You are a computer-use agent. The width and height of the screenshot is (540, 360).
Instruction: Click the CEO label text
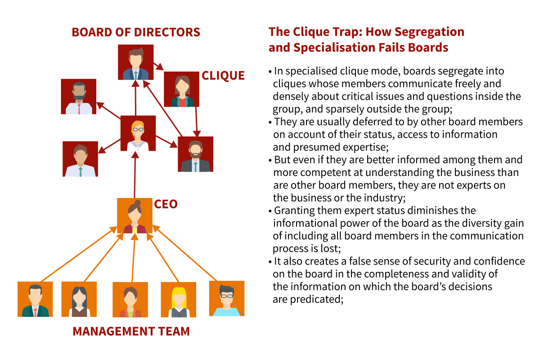pyautogui.click(x=166, y=204)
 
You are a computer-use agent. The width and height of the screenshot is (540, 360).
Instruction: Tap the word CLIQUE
pyautogui.click(x=223, y=76)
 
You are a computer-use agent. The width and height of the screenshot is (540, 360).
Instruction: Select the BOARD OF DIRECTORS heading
pyautogui.click(x=136, y=32)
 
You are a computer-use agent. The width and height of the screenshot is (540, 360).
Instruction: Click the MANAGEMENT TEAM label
pyautogui.click(x=131, y=332)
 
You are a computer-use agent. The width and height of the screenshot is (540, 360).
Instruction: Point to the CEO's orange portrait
pyautogui.click(x=135, y=216)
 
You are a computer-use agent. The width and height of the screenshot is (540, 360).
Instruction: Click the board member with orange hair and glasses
pyautogui.click(x=138, y=133)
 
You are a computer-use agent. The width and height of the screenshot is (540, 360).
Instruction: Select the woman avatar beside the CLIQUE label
pyautogui.click(x=181, y=89)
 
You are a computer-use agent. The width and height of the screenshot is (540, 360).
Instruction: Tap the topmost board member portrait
pyautogui.click(x=135, y=62)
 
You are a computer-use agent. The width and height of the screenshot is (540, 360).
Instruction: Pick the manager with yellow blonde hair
pyautogui.click(x=178, y=299)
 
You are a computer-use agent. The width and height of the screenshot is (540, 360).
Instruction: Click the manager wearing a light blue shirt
pyautogui.click(x=227, y=298)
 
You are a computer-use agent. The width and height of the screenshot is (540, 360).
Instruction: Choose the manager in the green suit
pyautogui.click(x=35, y=299)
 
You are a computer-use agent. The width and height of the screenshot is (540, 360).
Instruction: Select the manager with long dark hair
pyautogui.click(x=79, y=299)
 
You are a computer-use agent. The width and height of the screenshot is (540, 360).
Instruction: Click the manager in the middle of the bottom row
pyautogui.click(x=130, y=299)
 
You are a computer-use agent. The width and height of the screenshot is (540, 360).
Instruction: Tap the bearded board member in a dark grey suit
pyautogui.click(x=195, y=154)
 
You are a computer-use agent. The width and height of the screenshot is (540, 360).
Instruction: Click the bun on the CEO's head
pyautogui.click(x=138, y=202)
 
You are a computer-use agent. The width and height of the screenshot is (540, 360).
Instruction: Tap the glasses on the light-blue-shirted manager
pyautogui.click(x=227, y=295)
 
